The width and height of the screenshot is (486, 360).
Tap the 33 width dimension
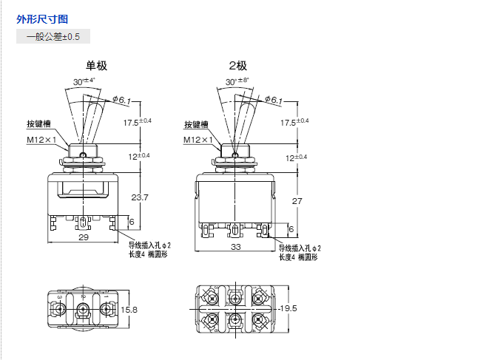click(236, 247)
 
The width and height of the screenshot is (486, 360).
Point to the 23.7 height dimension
click(139, 197)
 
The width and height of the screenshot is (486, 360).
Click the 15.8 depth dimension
click(129, 309)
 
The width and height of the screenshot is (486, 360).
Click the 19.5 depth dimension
click(287, 308)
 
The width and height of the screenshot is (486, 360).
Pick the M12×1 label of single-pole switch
click(42, 140)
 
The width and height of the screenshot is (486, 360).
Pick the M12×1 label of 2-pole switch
click(198, 140)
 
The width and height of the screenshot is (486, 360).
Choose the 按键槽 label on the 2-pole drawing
click(196, 124)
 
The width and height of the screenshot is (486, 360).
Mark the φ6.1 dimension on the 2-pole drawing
click(272, 100)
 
